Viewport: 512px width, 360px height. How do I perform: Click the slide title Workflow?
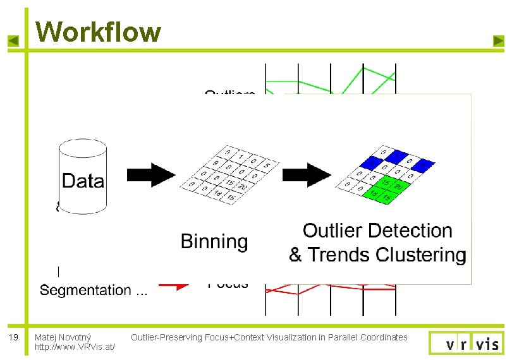coord(98,31)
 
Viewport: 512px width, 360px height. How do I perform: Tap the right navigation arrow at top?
coord(498,42)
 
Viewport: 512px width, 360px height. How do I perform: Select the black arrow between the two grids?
coord(307,174)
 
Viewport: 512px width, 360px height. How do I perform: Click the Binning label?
coord(214,241)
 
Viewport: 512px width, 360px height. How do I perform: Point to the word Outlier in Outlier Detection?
coord(334,231)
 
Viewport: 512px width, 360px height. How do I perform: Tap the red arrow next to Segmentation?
coord(174,284)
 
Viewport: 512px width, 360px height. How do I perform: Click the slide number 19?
coord(13,337)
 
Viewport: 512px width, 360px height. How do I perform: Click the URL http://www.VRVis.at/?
coord(75,347)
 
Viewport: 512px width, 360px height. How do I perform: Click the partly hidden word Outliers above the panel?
coord(229,94)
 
